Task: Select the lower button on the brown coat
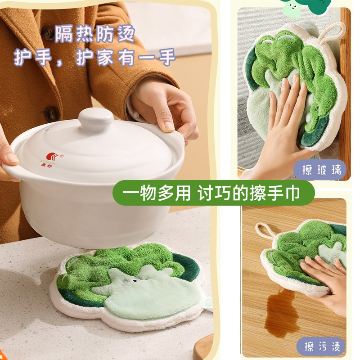(53, 113)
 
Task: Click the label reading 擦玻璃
(319, 170)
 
